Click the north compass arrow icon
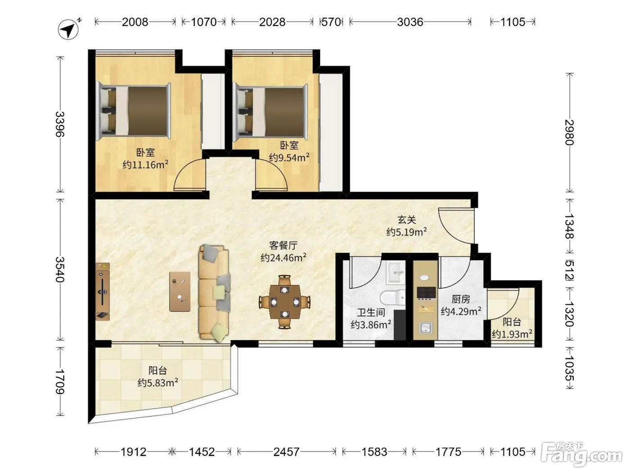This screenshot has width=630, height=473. pyautogui.click(x=69, y=29)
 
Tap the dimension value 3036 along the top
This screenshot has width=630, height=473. pyautogui.click(x=410, y=22)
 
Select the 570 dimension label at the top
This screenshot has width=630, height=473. pyautogui.click(x=331, y=22)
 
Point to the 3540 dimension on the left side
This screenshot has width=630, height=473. pyautogui.click(x=60, y=269)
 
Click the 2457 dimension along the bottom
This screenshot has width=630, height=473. pyautogui.click(x=286, y=452)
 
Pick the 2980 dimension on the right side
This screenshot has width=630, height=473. pyautogui.click(x=569, y=132)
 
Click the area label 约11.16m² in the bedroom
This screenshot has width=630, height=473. pyautogui.click(x=145, y=165)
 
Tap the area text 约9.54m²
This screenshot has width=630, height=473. pyautogui.click(x=289, y=157)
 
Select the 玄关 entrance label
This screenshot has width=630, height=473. pyautogui.click(x=407, y=220)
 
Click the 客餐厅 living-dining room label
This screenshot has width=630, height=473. pyautogui.click(x=283, y=246)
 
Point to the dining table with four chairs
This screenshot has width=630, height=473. pyautogui.click(x=284, y=302)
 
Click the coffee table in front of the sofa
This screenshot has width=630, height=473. pyautogui.click(x=180, y=291)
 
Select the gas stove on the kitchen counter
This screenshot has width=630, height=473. pyautogui.click(x=426, y=293)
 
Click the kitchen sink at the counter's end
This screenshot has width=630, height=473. pyautogui.click(x=426, y=327)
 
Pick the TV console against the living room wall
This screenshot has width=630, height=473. pyautogui.click(x=103, y=291)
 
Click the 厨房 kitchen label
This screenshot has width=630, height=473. pyautogui.click(x=461, y=299)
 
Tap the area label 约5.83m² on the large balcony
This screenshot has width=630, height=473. pyautogui.click(x=157, y=383)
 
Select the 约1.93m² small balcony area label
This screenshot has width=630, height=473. pyautogui.click(x=512, y=334)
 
